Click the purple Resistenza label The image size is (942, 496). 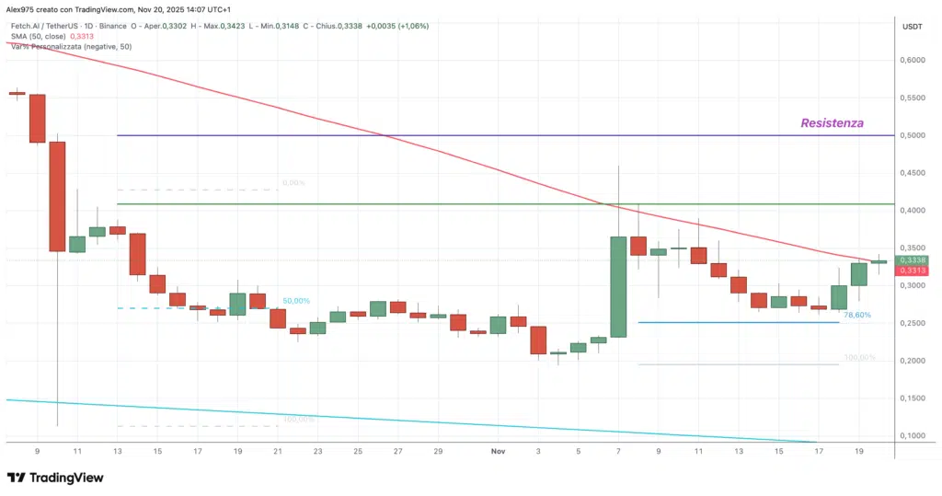832,122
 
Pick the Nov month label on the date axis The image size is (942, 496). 498,452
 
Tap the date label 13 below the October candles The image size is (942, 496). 117,452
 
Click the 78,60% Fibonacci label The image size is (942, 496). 856,315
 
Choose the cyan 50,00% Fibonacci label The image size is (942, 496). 295,301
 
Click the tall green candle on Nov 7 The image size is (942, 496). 618,286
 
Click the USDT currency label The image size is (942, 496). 912,26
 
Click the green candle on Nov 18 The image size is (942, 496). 839,296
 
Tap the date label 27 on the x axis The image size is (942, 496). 397,452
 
